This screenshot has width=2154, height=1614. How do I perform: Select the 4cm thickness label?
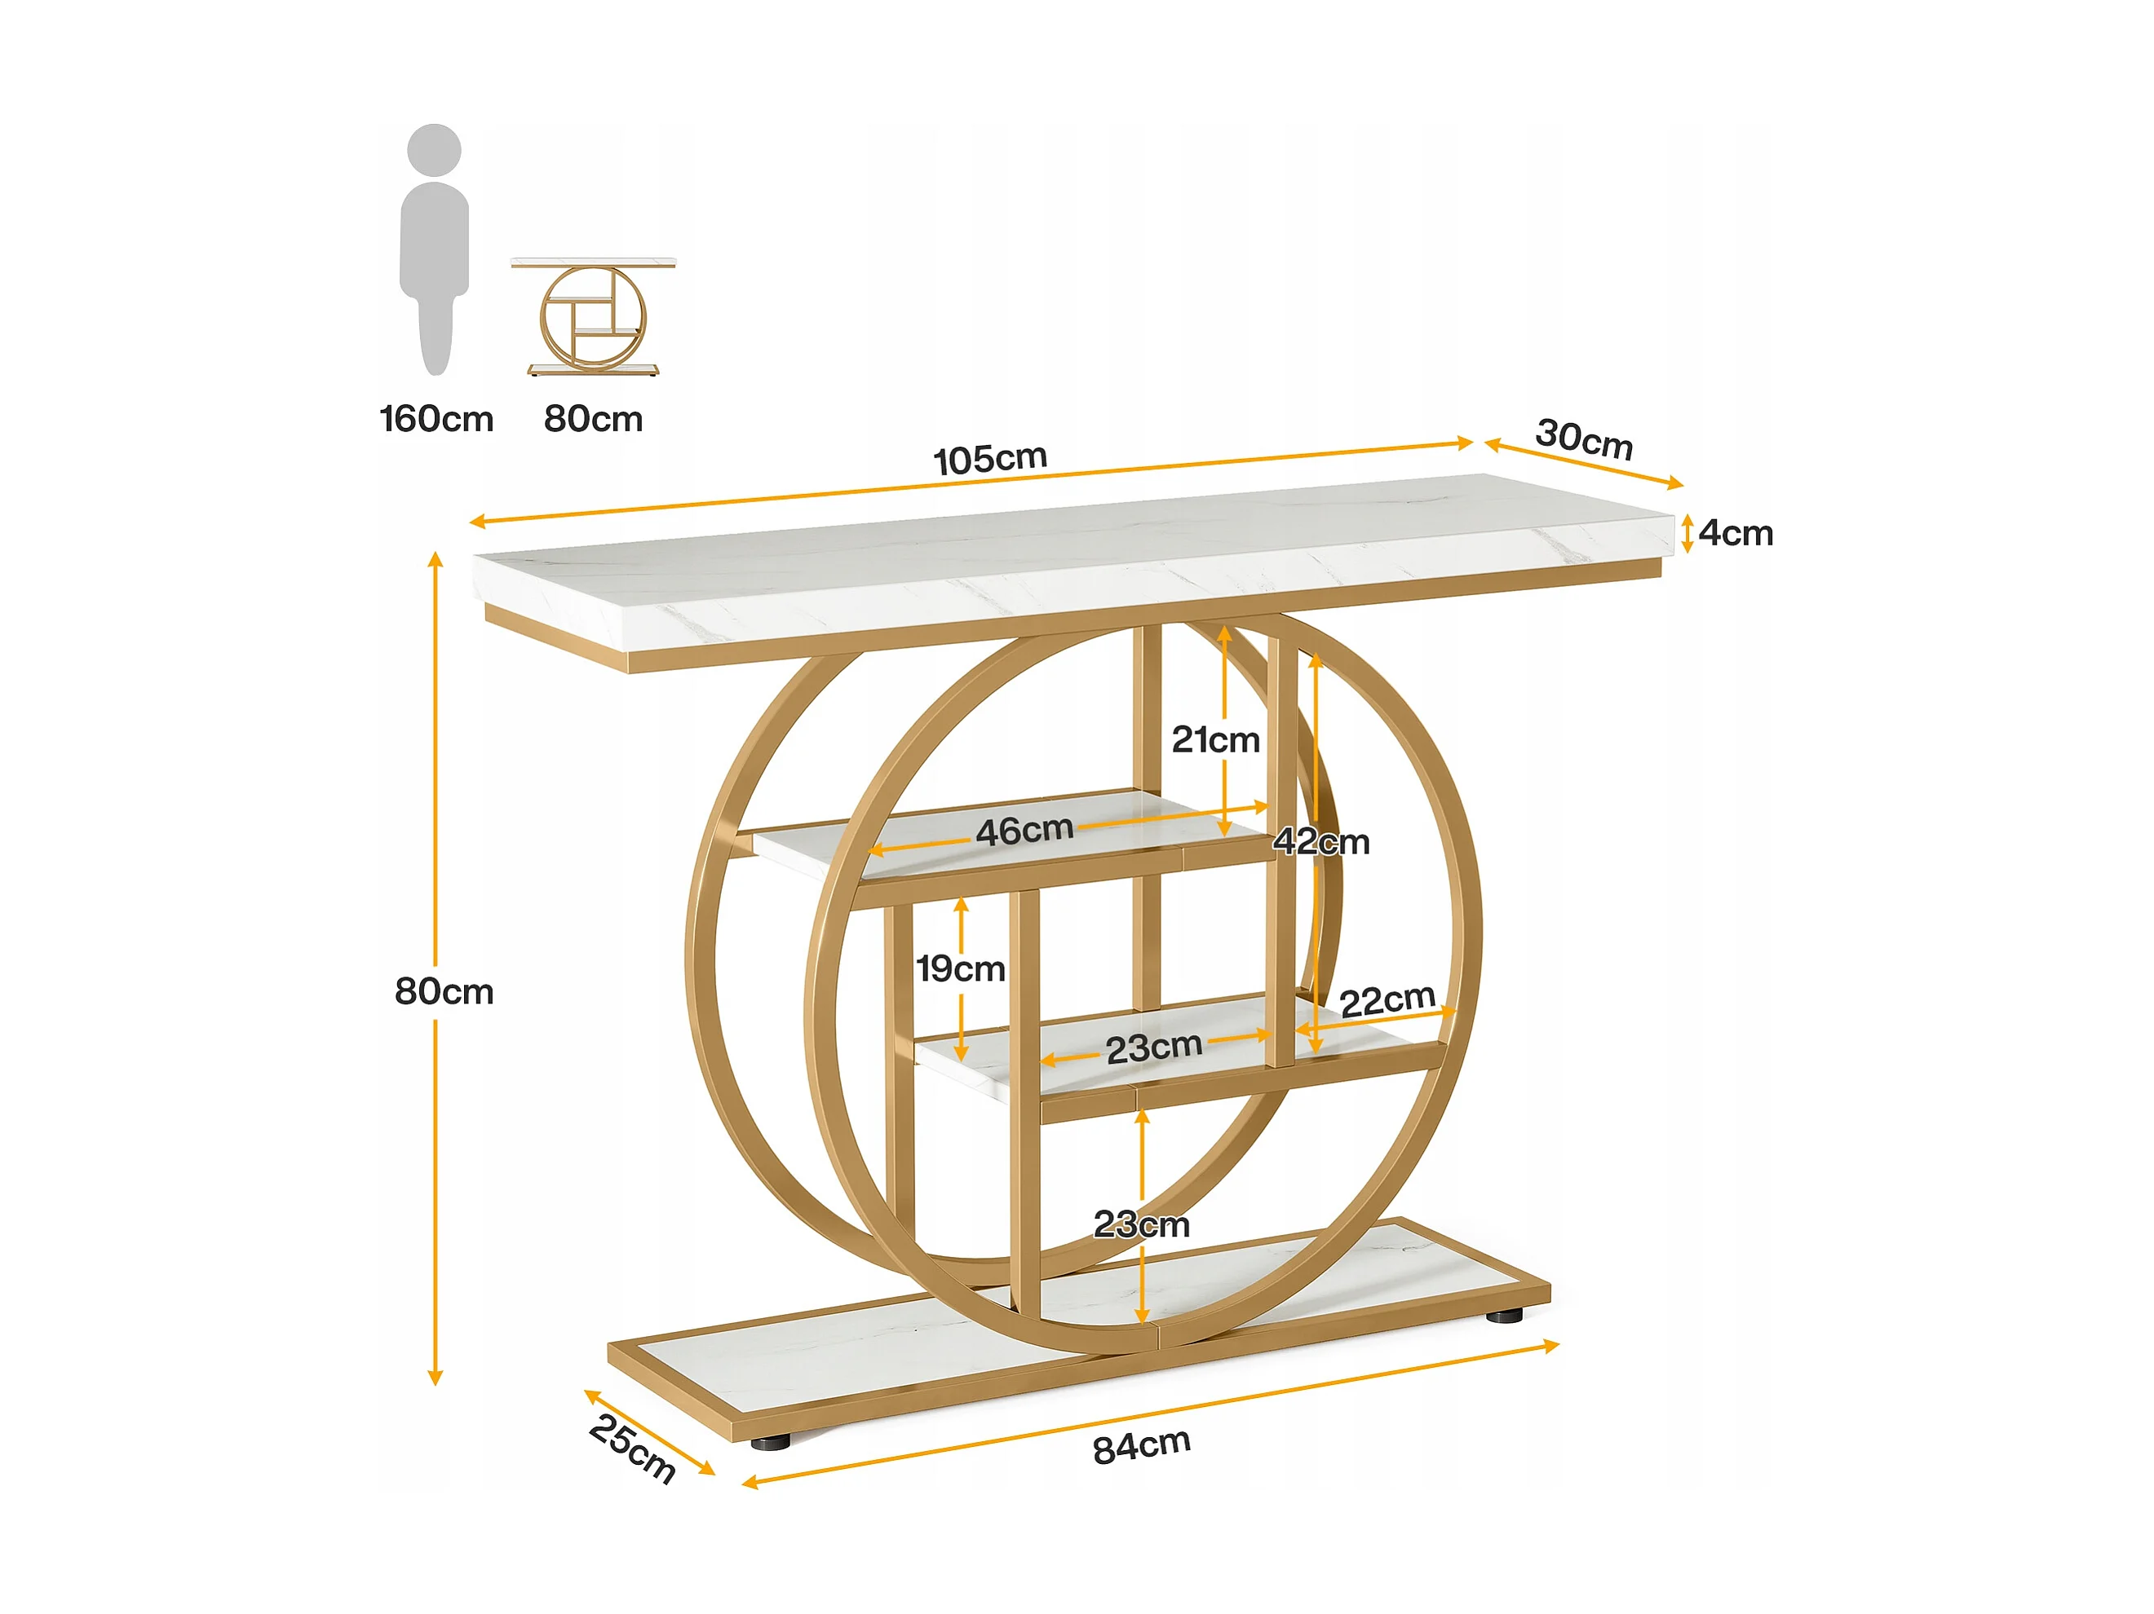(x=1736, y=533)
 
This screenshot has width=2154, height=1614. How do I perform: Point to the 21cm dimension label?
(x=1215, y=740)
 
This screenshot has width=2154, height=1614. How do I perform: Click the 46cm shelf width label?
(x=1024, y=831)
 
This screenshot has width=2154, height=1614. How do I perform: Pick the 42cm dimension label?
(x=1321, y=841)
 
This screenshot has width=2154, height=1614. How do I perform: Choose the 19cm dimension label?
(x=961, y=968)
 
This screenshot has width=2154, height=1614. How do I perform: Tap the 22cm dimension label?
(x=1387, y=999)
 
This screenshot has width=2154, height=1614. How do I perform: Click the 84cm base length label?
(x=1141, y=1445)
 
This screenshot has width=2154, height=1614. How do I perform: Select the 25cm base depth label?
(x=632, y=1449)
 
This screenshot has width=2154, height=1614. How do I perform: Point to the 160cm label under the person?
(x=436, y=420)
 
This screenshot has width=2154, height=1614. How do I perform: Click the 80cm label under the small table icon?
(x=593, y=420)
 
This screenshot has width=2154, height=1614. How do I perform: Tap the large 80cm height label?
(x=444, y=992)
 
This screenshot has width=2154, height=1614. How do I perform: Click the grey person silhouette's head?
(x=434, y=151)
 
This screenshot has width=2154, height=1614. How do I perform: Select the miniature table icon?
(x=593, y=316)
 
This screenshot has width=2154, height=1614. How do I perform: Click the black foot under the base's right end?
(x=1505, y=1316)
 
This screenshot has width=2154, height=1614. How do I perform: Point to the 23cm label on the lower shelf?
(x=1154, y=1048)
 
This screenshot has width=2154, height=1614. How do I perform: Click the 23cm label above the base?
(x=1141, y=1224)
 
